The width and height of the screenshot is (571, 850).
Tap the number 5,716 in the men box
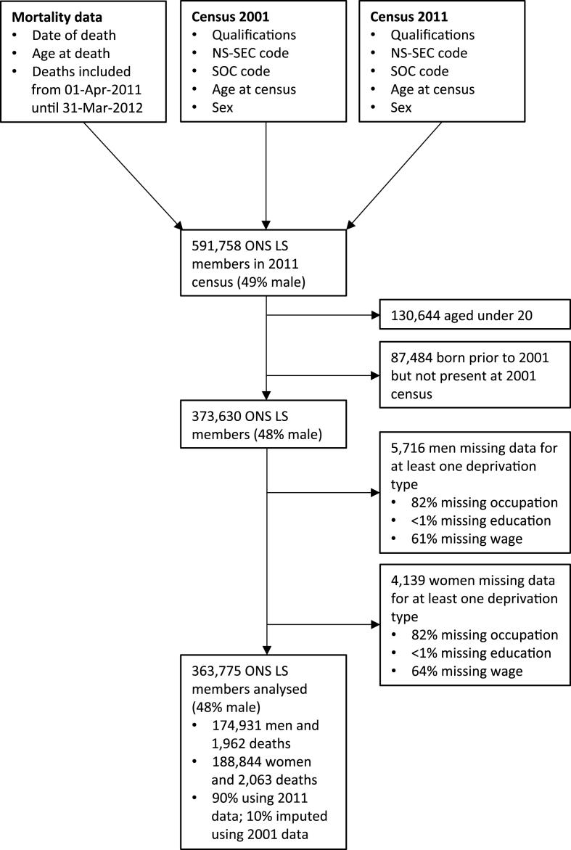pyautogui.click(x=407, y=444)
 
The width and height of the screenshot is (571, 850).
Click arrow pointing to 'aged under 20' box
pyautogui.click(x=374, y=316)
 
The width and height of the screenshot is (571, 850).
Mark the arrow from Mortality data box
pyautogui.click(x=134, y=175)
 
